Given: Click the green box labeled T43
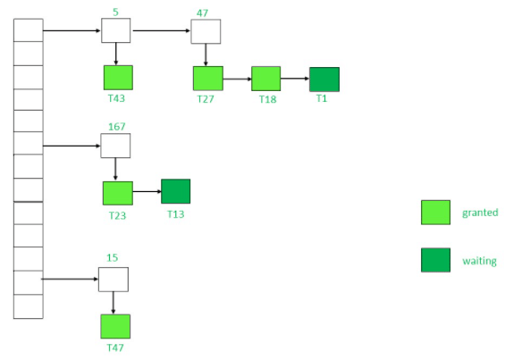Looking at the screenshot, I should (x=118, y=78).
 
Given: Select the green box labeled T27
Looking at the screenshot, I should (x=207, y=79).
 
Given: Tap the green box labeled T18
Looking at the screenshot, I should (x=265, y=79).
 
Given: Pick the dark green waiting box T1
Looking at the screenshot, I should (x=324, y=80).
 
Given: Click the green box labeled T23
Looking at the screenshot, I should (x=117, y=193).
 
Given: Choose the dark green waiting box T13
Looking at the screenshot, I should (x=175, y=191).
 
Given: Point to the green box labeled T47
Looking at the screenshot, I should (x=115, y=326).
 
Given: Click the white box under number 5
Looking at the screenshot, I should (x=115, y=30).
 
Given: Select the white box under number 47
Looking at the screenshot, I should (x=205, y=31).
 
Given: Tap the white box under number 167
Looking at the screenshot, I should (x=115, y=146).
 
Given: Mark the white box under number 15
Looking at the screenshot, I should (x=113, y=279).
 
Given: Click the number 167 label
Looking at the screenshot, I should (x=116, y=127).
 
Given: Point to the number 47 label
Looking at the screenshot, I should (x=205, y=13).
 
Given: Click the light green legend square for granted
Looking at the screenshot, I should (x=435, y=212).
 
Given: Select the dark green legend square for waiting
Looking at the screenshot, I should (x=435, y=260).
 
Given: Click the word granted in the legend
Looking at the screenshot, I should (x=480, y=213).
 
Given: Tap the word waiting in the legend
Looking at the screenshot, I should (x=479, y=261).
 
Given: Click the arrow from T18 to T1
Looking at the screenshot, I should (x=294, y=79).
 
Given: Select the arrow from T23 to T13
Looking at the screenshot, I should (x=147, y=192).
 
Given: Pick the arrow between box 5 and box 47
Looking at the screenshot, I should (x=160, y=31).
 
